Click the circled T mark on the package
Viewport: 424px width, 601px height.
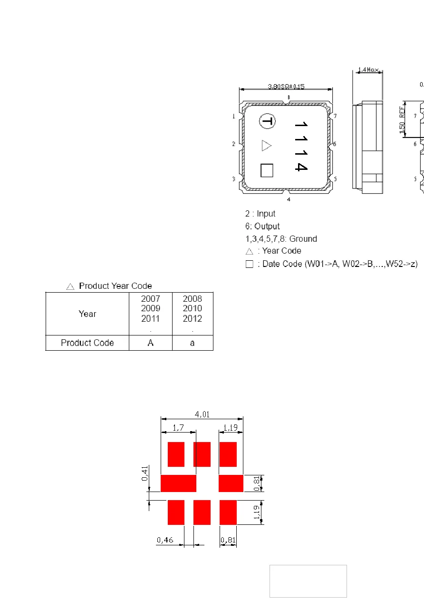pos(267,121)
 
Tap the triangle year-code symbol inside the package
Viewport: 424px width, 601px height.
pos(266,146)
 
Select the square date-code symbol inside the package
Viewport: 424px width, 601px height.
pos(267,170)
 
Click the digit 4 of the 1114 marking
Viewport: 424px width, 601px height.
pos(300,167)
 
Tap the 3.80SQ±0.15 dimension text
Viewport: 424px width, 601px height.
pos(286,87)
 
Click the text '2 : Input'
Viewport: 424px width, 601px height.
pos(260,214)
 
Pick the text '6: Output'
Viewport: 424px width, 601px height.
pos(262,227)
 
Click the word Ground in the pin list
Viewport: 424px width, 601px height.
pos(303,239)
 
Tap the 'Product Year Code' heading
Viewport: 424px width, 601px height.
pos(116,286)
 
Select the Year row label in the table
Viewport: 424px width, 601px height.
pos(87,314)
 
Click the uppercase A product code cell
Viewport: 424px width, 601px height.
pos(151,343)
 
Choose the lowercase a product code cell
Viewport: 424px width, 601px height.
pos(192,343)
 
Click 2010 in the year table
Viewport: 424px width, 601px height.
pos(192,308)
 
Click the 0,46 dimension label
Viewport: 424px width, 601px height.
pos(165,540)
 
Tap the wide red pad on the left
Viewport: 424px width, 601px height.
pos(178,483)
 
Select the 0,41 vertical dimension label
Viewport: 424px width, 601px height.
pos(145,473)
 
